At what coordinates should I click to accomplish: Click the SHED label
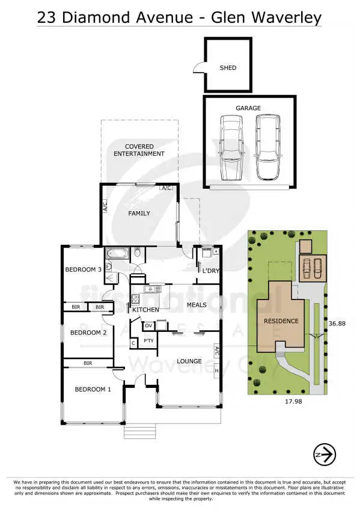(228, 68)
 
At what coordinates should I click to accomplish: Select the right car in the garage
(267, 147)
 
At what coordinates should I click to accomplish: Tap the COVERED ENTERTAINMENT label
(139, 150)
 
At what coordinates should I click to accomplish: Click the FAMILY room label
(139, 214)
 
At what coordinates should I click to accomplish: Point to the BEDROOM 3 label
(83, 269)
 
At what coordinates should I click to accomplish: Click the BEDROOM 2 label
(88, 333)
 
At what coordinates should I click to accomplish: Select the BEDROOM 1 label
(93, 390)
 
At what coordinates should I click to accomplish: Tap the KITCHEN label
(145, 310)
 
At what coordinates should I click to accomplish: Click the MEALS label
(197, 305)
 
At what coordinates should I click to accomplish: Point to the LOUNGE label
(188, 361)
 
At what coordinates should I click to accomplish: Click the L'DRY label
(210, 271)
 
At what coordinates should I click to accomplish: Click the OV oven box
(148, 325)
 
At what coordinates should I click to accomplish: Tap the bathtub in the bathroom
(115, 253)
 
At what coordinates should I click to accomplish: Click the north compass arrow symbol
(325, 455)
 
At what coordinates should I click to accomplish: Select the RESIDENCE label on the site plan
(281, 321)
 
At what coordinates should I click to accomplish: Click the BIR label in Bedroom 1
(88, 363)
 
